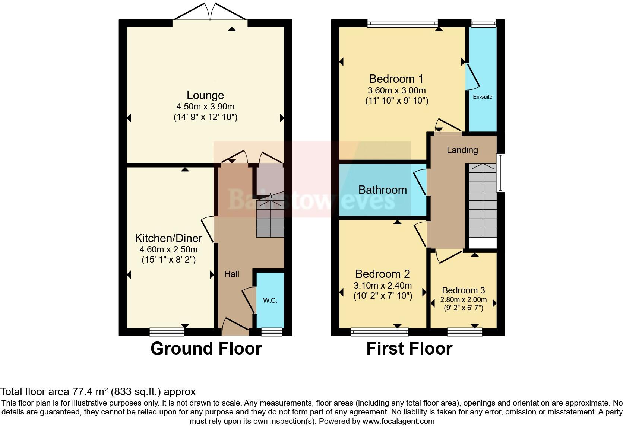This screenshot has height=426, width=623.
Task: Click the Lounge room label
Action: [x=205, y=95]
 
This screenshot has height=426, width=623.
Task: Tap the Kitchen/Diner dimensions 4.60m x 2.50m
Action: [x=168, y=249]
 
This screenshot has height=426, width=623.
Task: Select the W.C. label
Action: [x=270, y=301]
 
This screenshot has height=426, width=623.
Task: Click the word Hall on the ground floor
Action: [x=231, y=274]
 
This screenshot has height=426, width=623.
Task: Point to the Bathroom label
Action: [x=382, y=190]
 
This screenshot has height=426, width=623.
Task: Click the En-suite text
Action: [x=483, y=97]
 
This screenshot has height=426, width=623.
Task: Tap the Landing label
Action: [x=462, y=150]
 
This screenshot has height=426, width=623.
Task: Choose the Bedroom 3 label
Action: [x=463, y=290]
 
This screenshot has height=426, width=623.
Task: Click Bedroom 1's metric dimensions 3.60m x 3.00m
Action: [x=396, y=90]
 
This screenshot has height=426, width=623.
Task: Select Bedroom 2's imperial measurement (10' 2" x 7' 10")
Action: [x=383, y=296]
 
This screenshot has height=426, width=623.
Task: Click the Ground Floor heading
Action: [x=206, y=349]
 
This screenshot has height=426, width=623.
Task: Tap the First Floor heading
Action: [x=409, y=349]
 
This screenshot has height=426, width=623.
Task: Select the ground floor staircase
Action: [x=270, y=218]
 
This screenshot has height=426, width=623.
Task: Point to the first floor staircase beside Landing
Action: [x=483, y=201]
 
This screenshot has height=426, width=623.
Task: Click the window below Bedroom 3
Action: [x=465, y=331]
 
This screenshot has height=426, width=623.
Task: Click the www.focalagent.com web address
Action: [x=398, y=422]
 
